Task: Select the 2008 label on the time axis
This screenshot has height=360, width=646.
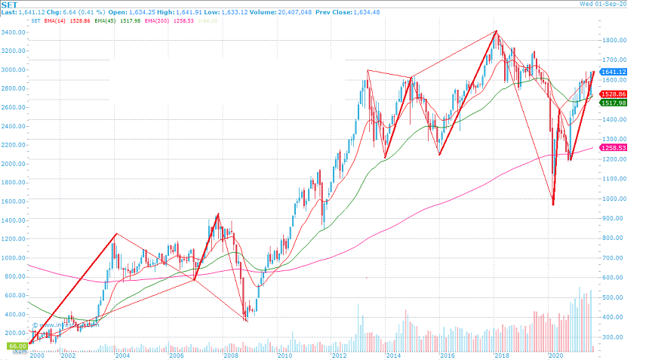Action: (230, 355)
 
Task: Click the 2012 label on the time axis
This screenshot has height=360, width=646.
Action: (338, 355)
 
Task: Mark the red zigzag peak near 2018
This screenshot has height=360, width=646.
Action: (496, 31)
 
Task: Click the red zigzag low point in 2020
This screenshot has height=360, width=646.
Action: (553, 205)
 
